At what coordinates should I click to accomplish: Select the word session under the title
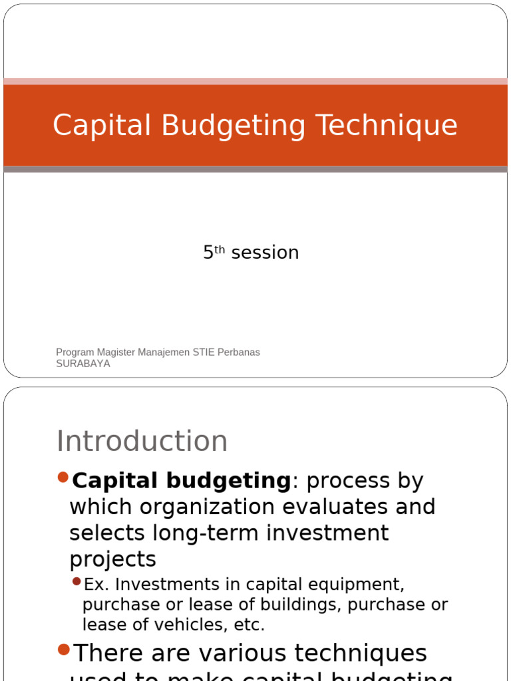click(265, 253)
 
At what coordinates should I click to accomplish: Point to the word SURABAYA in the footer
click(83, 364)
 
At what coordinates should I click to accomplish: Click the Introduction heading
click(142, 441)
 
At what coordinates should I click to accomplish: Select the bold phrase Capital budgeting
click(181, 481)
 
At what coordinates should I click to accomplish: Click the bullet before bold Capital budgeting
click(63, 477)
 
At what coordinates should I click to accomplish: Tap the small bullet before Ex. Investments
click(77, 582)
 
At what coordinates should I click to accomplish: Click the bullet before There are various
click(63, 648)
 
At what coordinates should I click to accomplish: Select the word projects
click(112, 559)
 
